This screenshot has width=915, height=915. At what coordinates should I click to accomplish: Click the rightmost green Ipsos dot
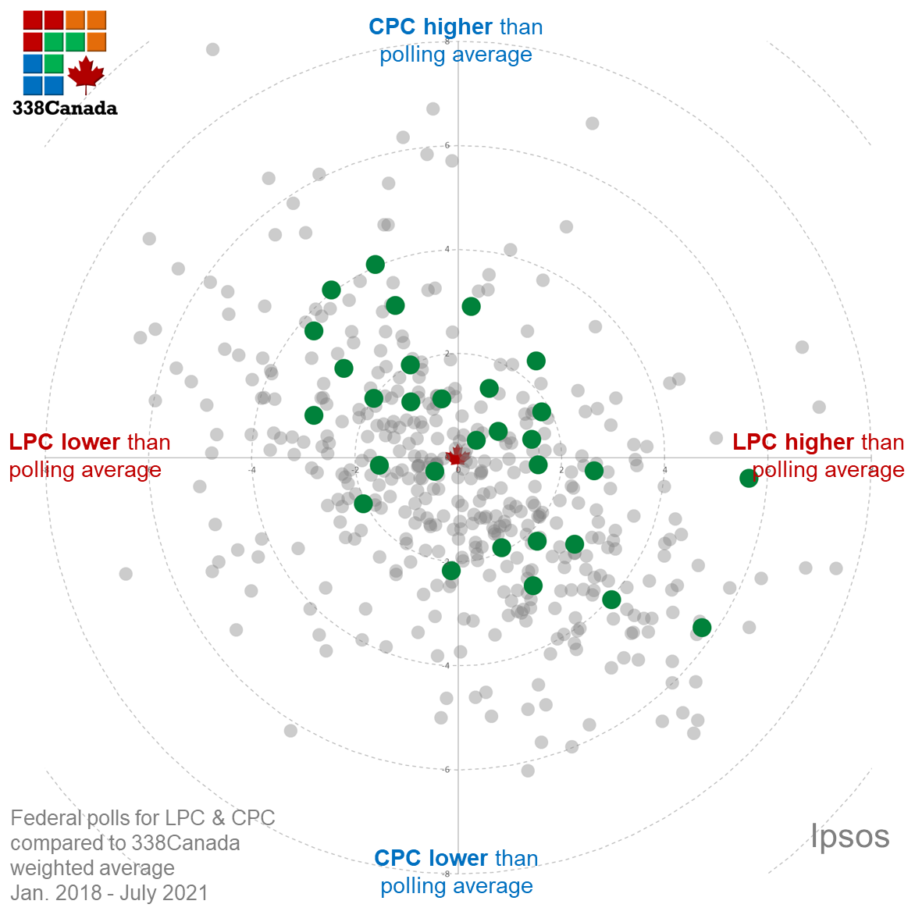(x=749, y=479)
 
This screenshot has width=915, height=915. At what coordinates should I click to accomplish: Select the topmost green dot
(x=376, y=265)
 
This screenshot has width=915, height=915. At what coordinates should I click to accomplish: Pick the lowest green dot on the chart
(x=702, y=628)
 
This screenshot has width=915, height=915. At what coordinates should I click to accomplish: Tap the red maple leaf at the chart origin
(x=457, y=456)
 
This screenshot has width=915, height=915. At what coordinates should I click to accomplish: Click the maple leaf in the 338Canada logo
(x=86, y=73)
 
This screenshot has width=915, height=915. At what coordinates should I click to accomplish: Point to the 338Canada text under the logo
(x=65, y=109)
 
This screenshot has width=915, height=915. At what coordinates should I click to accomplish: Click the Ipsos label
(x=850, y=836)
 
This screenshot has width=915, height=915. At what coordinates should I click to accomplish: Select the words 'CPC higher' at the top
(x=430, y=27)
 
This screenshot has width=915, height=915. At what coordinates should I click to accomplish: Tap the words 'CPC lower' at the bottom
(x=431, y=858)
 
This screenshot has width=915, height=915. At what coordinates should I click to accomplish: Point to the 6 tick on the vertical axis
(x=447, y=145)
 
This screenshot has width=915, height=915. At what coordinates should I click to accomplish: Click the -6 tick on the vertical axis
(x=446, y=770)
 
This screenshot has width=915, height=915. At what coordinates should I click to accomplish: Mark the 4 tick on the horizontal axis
(x=665, y=469)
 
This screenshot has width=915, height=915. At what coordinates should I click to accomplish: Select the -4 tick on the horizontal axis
(x=251, y=469)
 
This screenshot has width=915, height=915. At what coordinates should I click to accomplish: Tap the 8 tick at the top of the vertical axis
(x=447, y=41)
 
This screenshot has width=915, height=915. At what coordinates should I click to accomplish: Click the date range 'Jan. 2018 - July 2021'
(x=109, y=892)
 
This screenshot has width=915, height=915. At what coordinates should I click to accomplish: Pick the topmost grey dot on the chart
(x=212, y=50)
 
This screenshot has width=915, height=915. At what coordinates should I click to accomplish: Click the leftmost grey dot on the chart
(x=126, y=574)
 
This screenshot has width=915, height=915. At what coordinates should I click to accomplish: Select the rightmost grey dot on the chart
(x=836, y=568)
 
